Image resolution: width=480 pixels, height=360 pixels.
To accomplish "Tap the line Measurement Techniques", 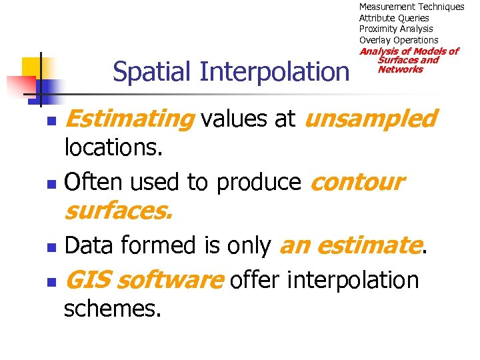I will coord(411,7).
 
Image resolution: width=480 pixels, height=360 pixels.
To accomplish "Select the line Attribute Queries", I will coord(394,18).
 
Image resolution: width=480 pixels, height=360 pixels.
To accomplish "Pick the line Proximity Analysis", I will coord(396,29).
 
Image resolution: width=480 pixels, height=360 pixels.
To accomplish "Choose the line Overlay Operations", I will coord(399,40).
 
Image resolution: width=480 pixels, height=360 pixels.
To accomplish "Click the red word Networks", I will coord(400,69).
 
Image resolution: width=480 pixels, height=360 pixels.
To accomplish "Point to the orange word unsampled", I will coord(371,119).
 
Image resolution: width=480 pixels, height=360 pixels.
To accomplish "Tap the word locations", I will coord(113,149).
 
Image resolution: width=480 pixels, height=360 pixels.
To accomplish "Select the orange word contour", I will coord(357,182).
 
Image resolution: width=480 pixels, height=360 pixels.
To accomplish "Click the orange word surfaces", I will coord(118,212).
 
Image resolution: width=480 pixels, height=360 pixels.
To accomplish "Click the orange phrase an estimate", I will coord(351,246).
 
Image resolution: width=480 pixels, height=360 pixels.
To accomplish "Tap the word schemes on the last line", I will coord(112,309).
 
